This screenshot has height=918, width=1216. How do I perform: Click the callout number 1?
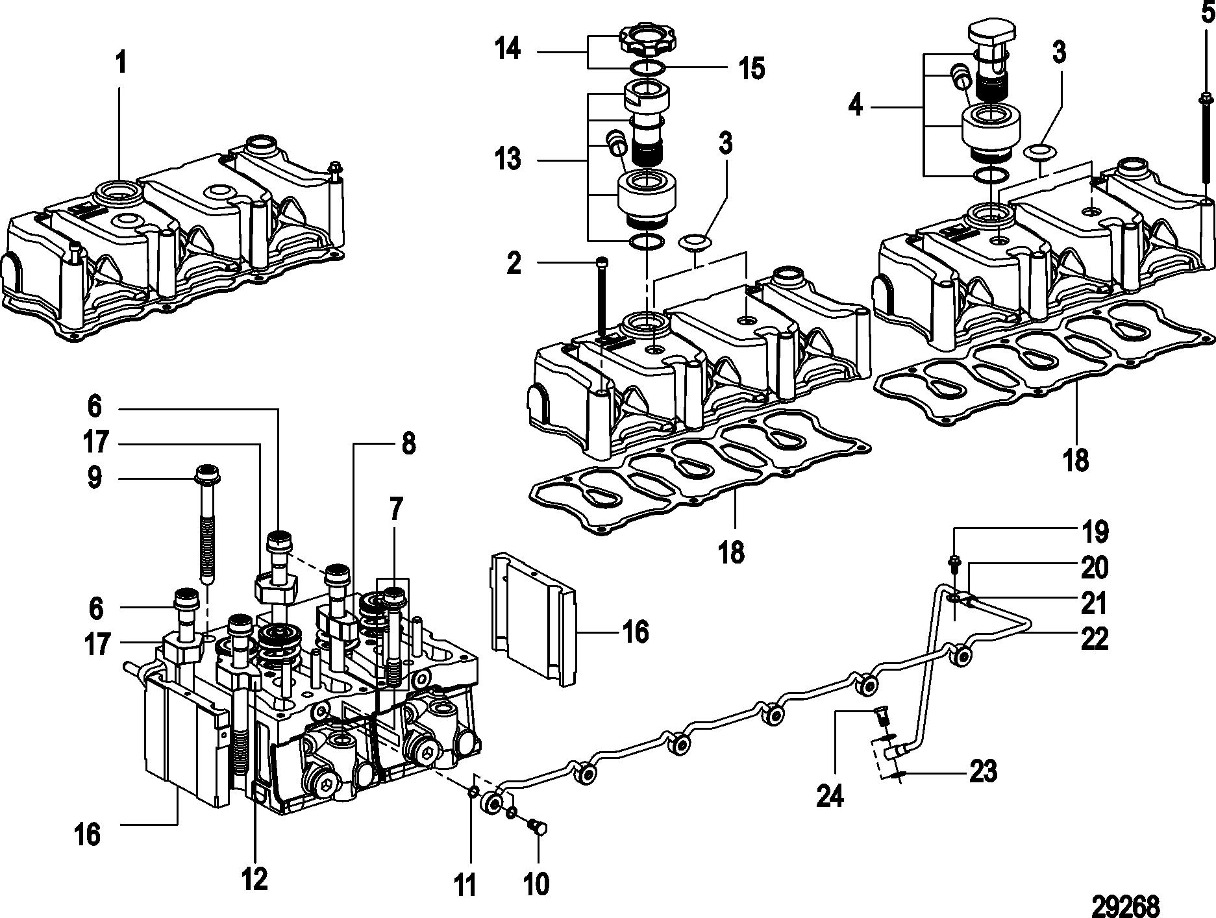(121, 65)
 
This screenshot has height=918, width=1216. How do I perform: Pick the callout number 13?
(507, 159)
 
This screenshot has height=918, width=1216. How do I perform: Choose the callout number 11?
(464, 884)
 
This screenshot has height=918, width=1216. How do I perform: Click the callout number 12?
(254, 879)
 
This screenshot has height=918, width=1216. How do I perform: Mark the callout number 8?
(408, 445)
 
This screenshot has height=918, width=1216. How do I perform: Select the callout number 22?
(1094, 638)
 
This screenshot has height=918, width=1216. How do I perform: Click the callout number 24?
(829, 795)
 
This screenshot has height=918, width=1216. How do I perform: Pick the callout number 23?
(982, 772)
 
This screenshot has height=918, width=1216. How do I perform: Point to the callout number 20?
(1094, 568)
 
